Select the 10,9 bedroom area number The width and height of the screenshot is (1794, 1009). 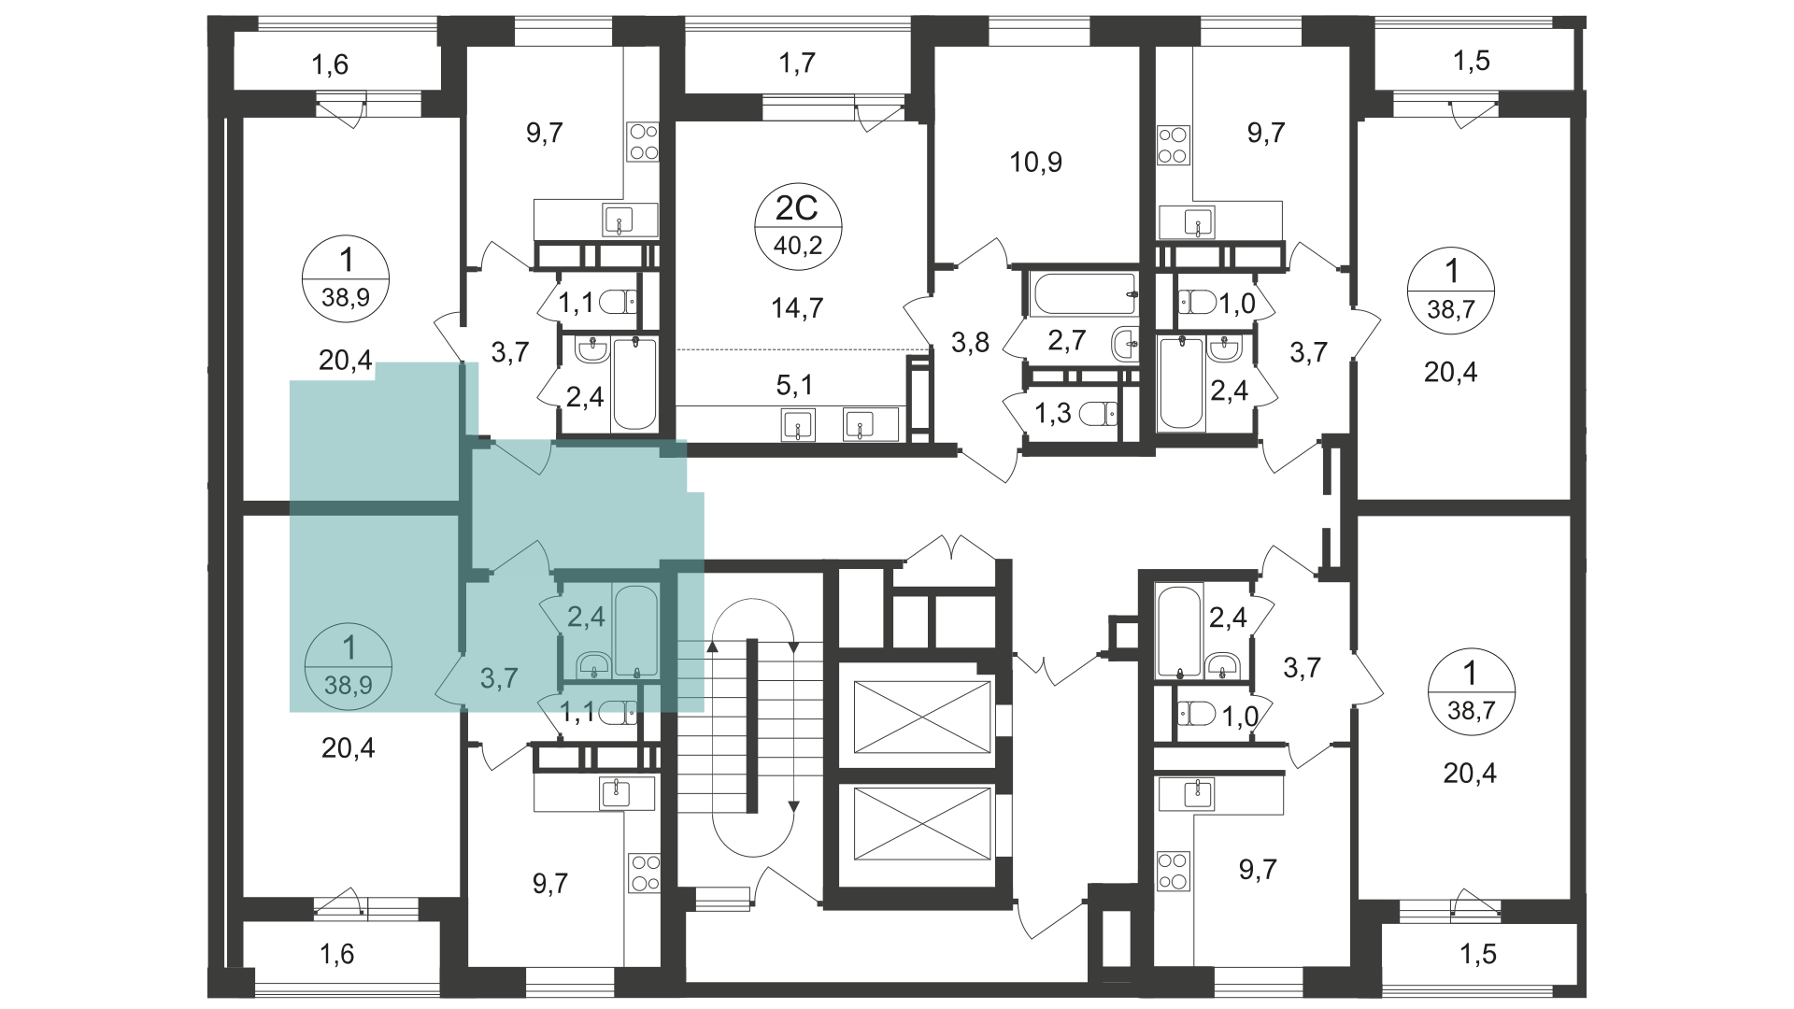[1035, 163]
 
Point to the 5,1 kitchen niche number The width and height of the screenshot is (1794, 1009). [794, 385]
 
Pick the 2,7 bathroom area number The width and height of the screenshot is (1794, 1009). [1066, 340]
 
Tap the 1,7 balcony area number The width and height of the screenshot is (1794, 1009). [797, 64]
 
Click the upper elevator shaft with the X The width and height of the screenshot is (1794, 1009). [921, 717]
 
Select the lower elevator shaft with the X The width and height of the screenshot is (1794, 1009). [921, 823]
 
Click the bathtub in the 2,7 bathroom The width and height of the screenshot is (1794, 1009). [1085, 292]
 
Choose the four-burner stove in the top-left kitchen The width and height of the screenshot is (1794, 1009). [643, 142]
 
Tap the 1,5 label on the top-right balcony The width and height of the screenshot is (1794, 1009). [1472, 62]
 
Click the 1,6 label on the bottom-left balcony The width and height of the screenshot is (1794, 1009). [337, 954]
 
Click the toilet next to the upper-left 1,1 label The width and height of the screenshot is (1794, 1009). [617, 302]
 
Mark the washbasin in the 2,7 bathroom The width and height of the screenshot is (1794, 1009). [1126, 345]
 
